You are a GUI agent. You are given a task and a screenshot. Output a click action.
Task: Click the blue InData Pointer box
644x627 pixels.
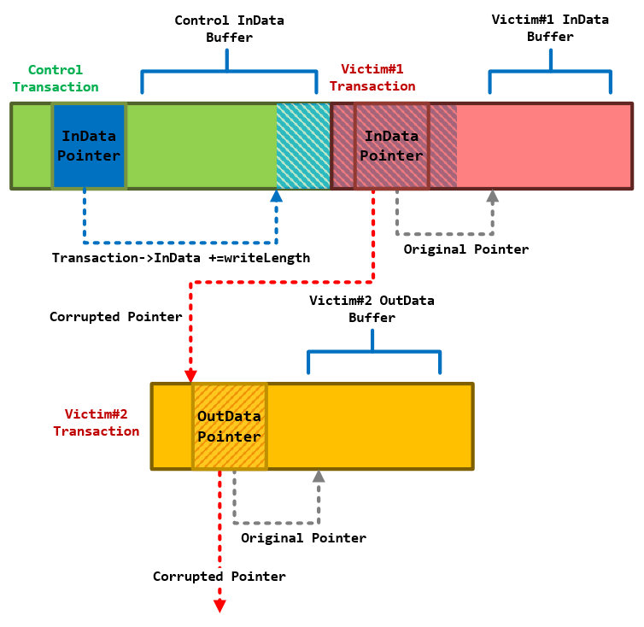coord(89,145)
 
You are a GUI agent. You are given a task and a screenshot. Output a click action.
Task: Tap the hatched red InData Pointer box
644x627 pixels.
coord(392,145)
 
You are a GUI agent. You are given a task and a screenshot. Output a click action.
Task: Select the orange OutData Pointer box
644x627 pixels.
coord(229,426)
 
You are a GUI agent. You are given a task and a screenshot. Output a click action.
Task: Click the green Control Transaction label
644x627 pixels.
coord(56,78)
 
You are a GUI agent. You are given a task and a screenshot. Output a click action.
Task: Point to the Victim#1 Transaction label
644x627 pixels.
coord(372,77)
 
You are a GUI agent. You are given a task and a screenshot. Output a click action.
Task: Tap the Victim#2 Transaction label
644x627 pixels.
coord(96,422)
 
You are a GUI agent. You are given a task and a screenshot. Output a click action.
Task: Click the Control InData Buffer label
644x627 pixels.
coord(229,28)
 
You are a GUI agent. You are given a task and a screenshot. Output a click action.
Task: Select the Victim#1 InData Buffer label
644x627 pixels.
coord(550,28)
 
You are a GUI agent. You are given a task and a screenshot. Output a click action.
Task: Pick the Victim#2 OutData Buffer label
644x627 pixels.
coord(372,308)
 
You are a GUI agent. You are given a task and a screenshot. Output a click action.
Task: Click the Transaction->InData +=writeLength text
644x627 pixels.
coord(181,257)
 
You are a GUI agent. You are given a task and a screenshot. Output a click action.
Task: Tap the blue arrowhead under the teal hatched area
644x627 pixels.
coord(276,196)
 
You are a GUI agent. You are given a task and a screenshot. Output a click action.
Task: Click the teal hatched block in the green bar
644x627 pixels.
coord(302,145)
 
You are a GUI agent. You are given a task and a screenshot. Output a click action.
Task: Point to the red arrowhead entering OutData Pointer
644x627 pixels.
coord(190,375)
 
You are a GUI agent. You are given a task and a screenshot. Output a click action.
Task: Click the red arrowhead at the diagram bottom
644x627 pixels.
coord(220,605)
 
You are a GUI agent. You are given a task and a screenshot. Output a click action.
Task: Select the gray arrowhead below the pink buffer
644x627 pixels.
coord(492,196)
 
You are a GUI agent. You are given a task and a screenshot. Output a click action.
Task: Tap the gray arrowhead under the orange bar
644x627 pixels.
coord(319,477)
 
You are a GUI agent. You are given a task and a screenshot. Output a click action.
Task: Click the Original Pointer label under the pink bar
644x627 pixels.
coord(465,249)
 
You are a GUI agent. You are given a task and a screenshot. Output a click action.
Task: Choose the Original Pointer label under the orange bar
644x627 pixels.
coord(303,538)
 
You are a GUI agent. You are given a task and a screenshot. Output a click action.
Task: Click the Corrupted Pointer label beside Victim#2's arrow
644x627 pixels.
coord(115,317)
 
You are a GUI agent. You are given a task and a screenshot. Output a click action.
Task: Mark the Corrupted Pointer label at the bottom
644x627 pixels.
coord(220,577)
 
